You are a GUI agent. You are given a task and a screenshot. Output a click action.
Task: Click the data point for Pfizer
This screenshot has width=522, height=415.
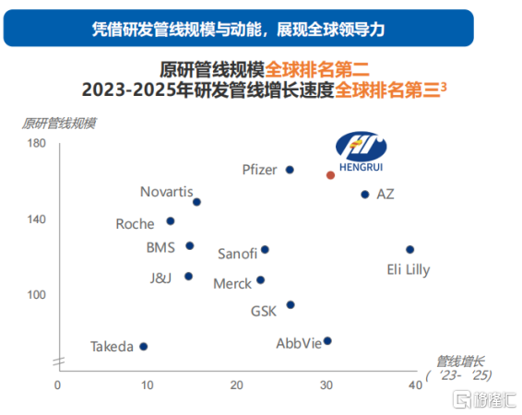click(x=290, y=170)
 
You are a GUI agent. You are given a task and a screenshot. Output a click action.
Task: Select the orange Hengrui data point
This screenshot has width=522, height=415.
click(x=331, y=174)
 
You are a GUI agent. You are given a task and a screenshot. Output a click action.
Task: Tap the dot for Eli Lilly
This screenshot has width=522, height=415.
click(x=409, y=249)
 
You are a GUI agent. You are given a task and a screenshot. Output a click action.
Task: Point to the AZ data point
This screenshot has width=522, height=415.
click(x=364, y=195)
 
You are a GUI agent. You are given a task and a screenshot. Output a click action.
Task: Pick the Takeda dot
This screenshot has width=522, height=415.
click(x=143, y=346)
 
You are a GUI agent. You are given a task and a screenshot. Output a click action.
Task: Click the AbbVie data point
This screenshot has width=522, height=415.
click(x=327, y=340)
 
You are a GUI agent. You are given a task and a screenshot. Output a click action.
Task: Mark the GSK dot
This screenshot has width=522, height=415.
click(x=291, y=304)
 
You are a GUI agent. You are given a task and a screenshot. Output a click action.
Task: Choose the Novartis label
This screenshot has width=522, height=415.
click(x=166, y=192)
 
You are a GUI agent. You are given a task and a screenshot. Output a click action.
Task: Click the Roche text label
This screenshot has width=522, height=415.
click(x=135, y=224)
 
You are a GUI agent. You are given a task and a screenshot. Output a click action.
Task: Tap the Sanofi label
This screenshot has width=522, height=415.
click(x=237, y=254)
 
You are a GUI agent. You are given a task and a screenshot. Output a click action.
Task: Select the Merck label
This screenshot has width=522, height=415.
click(x=232, y=284)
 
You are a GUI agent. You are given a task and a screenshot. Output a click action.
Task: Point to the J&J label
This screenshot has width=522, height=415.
click(x=160, y=277)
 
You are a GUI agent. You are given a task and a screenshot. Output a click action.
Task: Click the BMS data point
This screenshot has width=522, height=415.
click(x=190, y=245)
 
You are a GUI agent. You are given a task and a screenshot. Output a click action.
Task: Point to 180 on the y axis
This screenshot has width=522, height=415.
click(x=37, y=143)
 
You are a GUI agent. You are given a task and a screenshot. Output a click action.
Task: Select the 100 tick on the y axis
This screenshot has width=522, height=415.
click(x=37, y=294)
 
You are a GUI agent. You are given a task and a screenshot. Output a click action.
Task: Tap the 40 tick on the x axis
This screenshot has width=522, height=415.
click(x=414, y=384)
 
